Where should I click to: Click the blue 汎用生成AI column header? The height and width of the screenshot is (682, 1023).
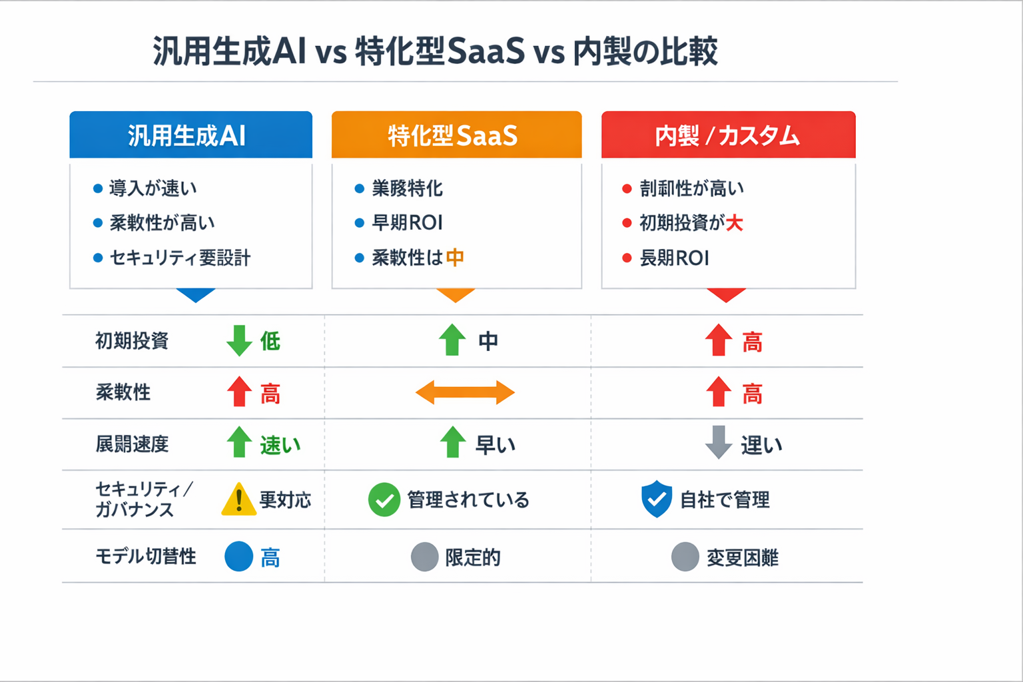pyautogui.click(x=190, y=135)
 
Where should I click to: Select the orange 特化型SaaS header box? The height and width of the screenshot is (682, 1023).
pyautogui.click(x=456, y=135)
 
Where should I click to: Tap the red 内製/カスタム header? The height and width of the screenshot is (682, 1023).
pyautogui.click(x=728, y=135)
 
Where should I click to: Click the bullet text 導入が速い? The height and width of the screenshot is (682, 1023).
pyautogui.click(x=153, y=188)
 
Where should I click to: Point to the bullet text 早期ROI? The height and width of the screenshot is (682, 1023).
pyautogui.click(x=407, y=223)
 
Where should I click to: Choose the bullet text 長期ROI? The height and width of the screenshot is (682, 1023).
pyautogui.click(x=674, y=258)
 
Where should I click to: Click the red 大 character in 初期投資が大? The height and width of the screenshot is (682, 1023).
pyautogui.click(x=735, y=223)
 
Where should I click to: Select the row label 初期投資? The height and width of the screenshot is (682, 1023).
pyautogui.click(x=132, y=341)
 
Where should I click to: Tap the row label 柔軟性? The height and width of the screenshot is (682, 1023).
pyautogui.click(x=123, y=392)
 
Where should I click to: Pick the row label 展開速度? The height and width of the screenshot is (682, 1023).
pyautogui.click(x=132, y=444)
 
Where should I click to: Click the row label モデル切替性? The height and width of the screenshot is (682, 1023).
pyautogui.click(x=146, y=556)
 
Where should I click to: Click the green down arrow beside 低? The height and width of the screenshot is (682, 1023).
pyautogui.click(x=239, y=340)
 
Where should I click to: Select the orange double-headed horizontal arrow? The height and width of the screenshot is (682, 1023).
pyautogui.click(x=465, y=392)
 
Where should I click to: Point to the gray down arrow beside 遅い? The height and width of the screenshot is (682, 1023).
pyautogui.click(x=719, y=442)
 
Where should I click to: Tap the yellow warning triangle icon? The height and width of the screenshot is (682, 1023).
pyautogui.click(x=238, y=500)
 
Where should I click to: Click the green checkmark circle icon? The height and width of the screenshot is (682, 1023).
pyautogui.click(x=384, y=500)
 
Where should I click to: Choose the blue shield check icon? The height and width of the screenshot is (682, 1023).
pyautogui.click(x=657, y=499)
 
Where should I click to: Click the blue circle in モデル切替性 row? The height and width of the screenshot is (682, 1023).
pyautogui.click(x=238, y=557)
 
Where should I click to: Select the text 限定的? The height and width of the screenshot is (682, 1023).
pyautogui.click(x=473, y=557)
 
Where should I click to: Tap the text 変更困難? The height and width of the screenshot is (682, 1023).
pyautogui.click(x=743, y=557)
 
